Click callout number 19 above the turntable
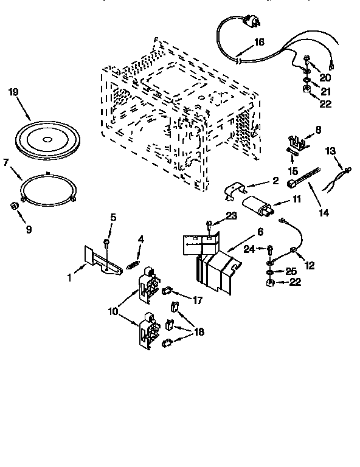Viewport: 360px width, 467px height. click(x=14, y=92)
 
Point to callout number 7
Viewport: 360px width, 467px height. click(x=7, y=163)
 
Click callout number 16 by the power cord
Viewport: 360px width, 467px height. click(x=258, y=42)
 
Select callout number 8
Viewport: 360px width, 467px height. click(x=318, y=130)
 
